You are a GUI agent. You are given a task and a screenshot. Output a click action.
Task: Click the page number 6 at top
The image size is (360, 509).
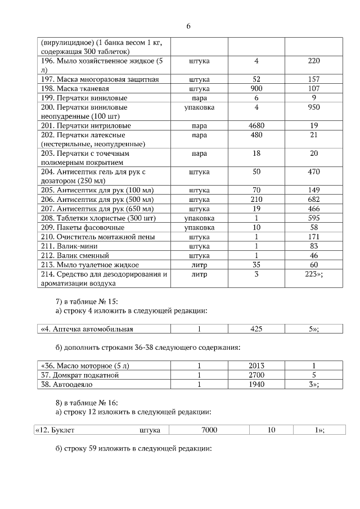pos(188,26)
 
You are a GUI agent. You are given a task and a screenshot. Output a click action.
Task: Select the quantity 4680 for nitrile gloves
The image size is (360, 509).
pos(256,125)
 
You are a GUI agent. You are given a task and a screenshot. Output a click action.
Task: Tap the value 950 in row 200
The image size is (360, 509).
pos(314,107)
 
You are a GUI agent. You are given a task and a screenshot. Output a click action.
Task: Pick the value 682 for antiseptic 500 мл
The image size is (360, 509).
pos(314,200)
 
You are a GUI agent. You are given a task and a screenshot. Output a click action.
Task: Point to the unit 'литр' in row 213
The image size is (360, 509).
pos(199,264)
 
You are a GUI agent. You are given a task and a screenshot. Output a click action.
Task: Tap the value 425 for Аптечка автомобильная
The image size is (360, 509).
pos(256,329)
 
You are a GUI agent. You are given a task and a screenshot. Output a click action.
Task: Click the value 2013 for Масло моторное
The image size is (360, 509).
pos(256,366)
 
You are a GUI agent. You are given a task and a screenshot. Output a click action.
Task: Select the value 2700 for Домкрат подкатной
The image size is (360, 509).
pos(256,375)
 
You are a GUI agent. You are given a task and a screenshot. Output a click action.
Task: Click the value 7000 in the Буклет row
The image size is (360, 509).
pos(209,430)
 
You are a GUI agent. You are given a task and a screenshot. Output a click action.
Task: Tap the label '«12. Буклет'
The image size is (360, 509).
pos(55,430)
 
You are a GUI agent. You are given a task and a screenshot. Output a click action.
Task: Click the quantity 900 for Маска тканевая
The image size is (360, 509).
pos(256,88)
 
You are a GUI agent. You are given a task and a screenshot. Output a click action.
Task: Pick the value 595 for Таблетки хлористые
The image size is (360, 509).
pos(314,218)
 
